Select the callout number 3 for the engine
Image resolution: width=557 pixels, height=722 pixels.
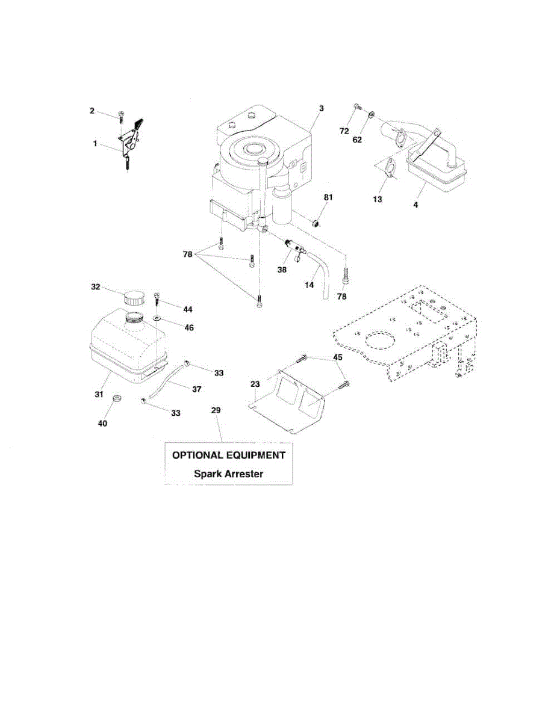(321, 108)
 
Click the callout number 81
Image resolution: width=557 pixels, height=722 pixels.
(328, 197)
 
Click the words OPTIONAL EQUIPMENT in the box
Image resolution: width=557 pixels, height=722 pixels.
(229, 455)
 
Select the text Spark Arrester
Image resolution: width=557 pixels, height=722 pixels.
(228, 474)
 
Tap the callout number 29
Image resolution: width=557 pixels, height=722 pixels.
(216, 410)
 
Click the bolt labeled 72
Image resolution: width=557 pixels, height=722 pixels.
(356, 108)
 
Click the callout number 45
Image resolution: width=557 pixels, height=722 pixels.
(337, 357)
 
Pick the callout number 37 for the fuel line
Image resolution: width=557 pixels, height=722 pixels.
(196, 389)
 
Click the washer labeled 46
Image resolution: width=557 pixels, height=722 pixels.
(157, 317)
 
